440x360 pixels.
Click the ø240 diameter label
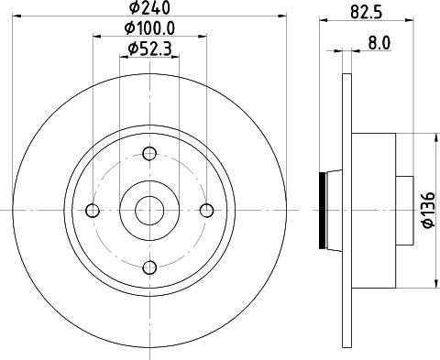click(x=149, y=7)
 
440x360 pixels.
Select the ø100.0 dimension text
click(x=149, y=28)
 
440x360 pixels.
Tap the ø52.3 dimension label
click(x=149, y=49)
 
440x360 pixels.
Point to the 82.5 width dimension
click(x=367, y=13)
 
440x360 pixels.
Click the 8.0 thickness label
click(x=379, y=43)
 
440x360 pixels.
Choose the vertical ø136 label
click(x=429, y=210)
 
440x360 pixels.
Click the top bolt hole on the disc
click(x=149, y=153)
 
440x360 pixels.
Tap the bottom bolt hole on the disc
click(x=149, y=267)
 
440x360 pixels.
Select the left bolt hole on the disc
click(x=93, y=211)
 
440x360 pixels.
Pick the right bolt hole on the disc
click(x=207, y=211)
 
